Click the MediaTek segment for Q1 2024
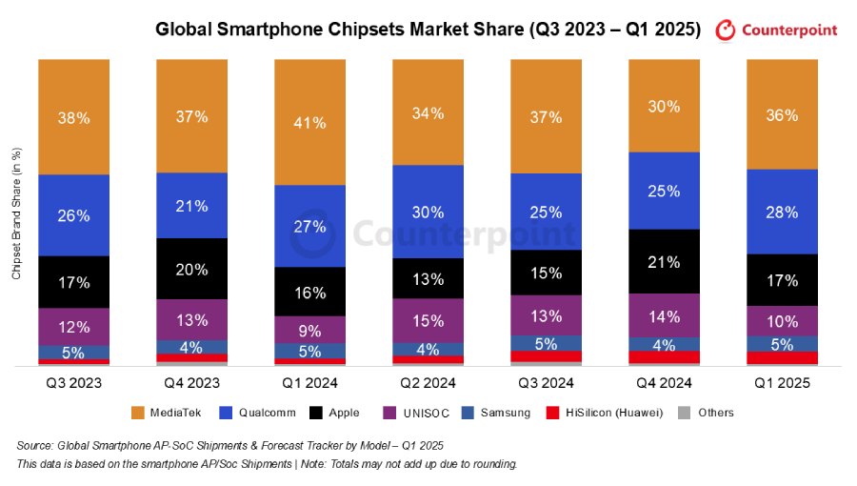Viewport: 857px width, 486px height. coord(309,122)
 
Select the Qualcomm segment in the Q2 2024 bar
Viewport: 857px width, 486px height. coord(428,212)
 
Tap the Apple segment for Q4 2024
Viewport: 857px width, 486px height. coord(664,261)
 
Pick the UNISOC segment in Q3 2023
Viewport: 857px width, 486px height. coord(73,327)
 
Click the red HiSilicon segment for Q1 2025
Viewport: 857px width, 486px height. coord(782,357)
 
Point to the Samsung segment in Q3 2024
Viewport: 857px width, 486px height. coord(546,343)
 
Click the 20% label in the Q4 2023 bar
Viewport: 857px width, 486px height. coord(191,270)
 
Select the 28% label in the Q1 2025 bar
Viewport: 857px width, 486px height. coord(782,213)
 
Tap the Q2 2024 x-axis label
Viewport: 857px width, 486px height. coord(428,383)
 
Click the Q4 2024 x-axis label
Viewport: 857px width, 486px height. coord(664,383)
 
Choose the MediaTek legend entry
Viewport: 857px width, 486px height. coord(163,413)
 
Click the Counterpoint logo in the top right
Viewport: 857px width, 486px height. coord(776,30)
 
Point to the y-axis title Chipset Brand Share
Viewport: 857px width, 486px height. coord(16,214)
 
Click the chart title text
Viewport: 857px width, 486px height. coord(428,30)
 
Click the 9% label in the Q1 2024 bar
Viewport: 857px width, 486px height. coord(309,332)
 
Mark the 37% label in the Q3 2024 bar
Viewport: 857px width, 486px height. coord(546,116)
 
